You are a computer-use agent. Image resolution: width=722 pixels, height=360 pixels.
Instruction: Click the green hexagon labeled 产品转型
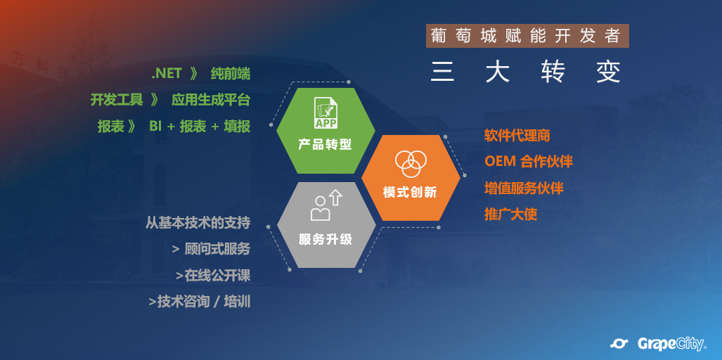click(x=325, y=131)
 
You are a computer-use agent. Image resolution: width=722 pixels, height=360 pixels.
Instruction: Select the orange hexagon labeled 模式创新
click(x=411, y=178)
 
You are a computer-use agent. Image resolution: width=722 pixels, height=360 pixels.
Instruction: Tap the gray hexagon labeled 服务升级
click(x=326, y=225)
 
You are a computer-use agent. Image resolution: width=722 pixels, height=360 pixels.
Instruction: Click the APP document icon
click(x=325, y=112)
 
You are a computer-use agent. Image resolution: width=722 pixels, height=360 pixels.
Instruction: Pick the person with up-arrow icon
click(x=326, y=206)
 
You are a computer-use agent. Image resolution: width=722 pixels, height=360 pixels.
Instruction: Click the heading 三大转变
click(x=526, y=72)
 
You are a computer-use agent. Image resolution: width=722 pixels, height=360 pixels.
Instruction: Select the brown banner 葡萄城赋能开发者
click(x=527, y=36)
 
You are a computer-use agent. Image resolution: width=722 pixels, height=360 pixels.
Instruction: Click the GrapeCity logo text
click(x=671, y=343)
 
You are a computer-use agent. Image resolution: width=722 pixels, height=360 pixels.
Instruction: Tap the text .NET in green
click(x=167, y=74)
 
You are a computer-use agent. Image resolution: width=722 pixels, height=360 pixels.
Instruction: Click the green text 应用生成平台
click(x=211, y=100)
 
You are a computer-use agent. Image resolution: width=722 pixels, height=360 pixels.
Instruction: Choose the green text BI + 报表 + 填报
click(x=200, y=127)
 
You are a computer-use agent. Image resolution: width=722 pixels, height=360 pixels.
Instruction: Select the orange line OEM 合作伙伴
click(x=529, y=162)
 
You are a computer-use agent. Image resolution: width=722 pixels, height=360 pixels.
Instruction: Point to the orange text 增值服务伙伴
click(x=524, y=188)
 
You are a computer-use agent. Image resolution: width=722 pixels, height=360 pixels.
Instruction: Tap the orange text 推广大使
click(x=510, y=214)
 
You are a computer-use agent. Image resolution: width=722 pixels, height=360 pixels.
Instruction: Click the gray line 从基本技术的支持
click(x=198, y=223)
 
